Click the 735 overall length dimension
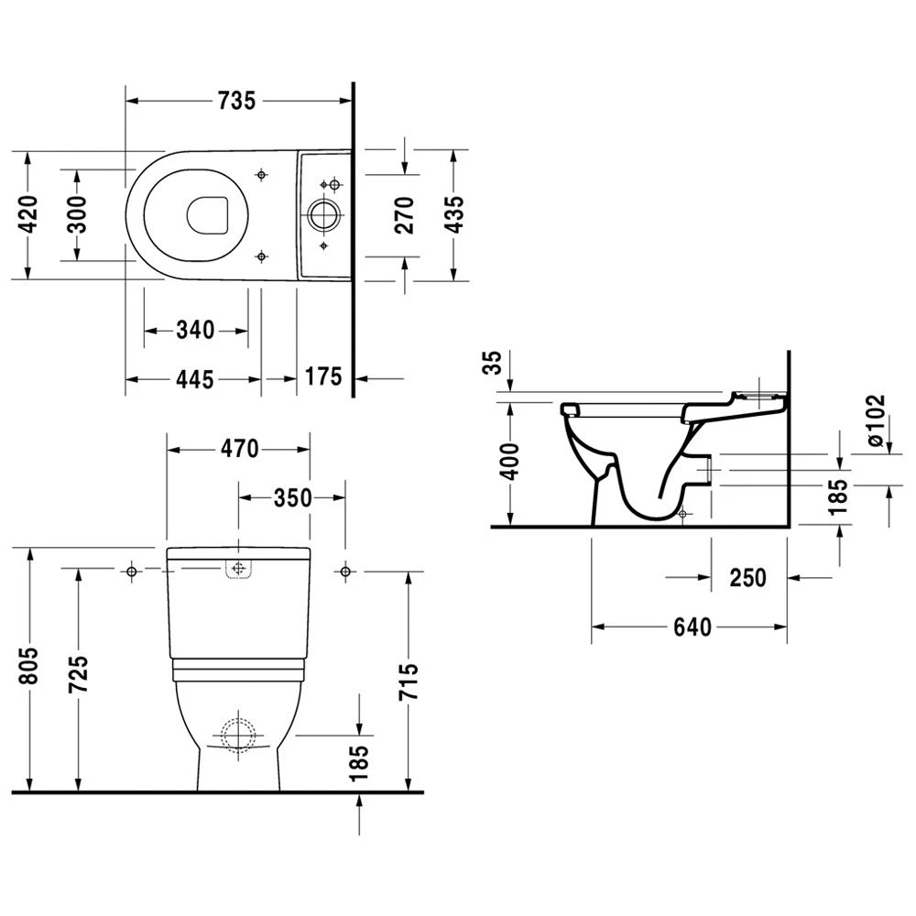click(x=236, y=102)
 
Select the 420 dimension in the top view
click(x=29, y=214)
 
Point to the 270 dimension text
click(x=405, y=215)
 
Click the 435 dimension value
click(x=453, y=214)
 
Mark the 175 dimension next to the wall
click(x=323, y=376)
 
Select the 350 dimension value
click(x=292, y=497)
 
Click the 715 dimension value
click(x=409, y=682)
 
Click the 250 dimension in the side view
click(x=748, y=578)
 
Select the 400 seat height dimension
click(x=510, y=463)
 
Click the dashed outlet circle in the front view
click(x=237, y=735)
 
